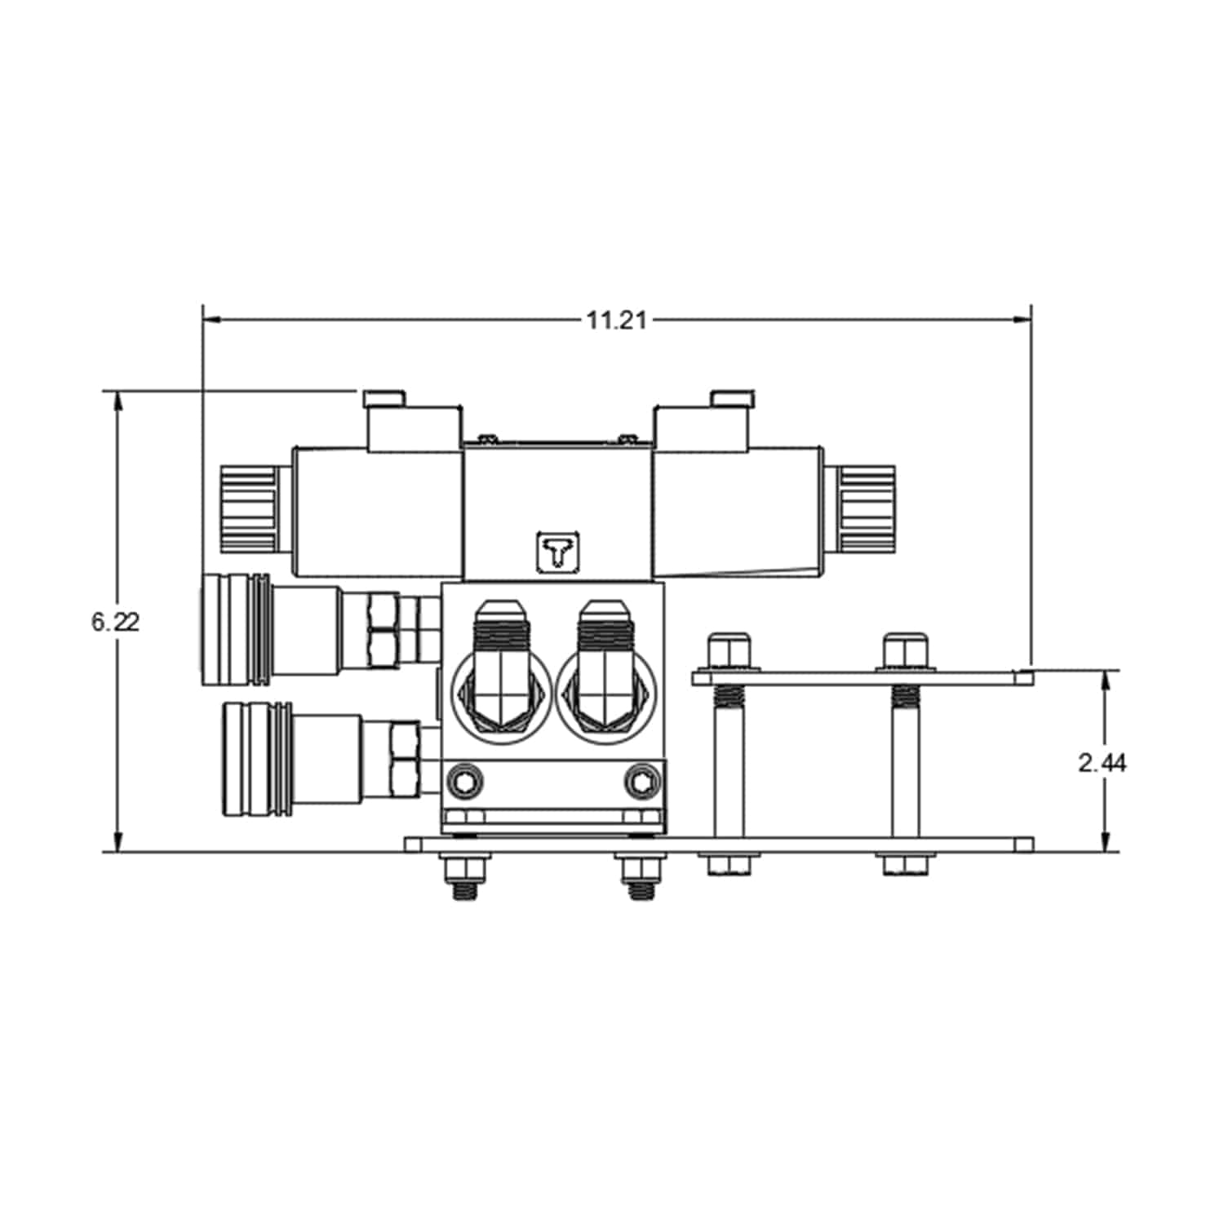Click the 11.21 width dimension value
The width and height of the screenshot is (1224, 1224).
617,321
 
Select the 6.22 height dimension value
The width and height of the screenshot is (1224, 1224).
116,622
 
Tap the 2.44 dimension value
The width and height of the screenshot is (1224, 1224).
1102,763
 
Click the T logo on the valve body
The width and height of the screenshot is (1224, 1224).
557,552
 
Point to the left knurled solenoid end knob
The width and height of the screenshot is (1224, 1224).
248,506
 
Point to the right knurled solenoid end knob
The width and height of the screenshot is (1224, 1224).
865,506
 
